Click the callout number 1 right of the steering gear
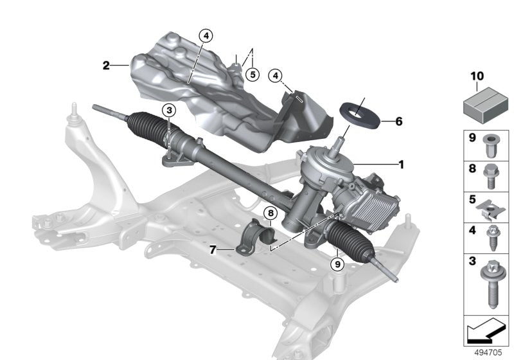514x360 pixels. [x=401, y=165]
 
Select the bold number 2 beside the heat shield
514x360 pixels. [x=106, y=65]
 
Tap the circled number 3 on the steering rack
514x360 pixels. [x=168, y=111]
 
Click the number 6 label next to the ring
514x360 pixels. [x=398, y=121]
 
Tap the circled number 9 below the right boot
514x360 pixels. [x=336, y=262]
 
